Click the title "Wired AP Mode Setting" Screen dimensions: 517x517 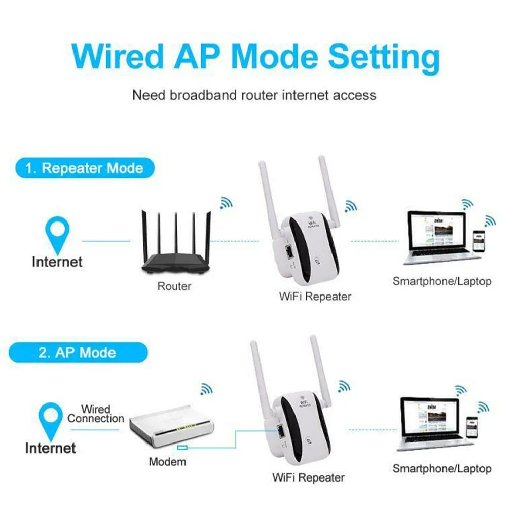click(x=256, y=57)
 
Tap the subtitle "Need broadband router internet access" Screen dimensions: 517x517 click(x=254, y=95)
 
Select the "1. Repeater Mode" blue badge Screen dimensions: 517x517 click(x=84, y=168)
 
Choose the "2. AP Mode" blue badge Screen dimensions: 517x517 click(x=78, y=352)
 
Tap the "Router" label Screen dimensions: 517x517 click(x=174, y=286)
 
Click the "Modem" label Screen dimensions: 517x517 click(x=167, y=462)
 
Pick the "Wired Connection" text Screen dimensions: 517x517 click(x=95, y=414)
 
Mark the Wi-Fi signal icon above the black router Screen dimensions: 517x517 click(x=226, y=203)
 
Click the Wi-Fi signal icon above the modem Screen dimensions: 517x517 click(x=206, y=389)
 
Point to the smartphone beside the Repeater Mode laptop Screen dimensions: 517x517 click(x=478, y=241)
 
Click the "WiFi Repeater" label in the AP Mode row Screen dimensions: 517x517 click(x=308, y=477)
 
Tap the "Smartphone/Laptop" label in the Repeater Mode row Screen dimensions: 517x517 click(x=441, y=281)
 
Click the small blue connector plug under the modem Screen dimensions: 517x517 click(x=182, y=447)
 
